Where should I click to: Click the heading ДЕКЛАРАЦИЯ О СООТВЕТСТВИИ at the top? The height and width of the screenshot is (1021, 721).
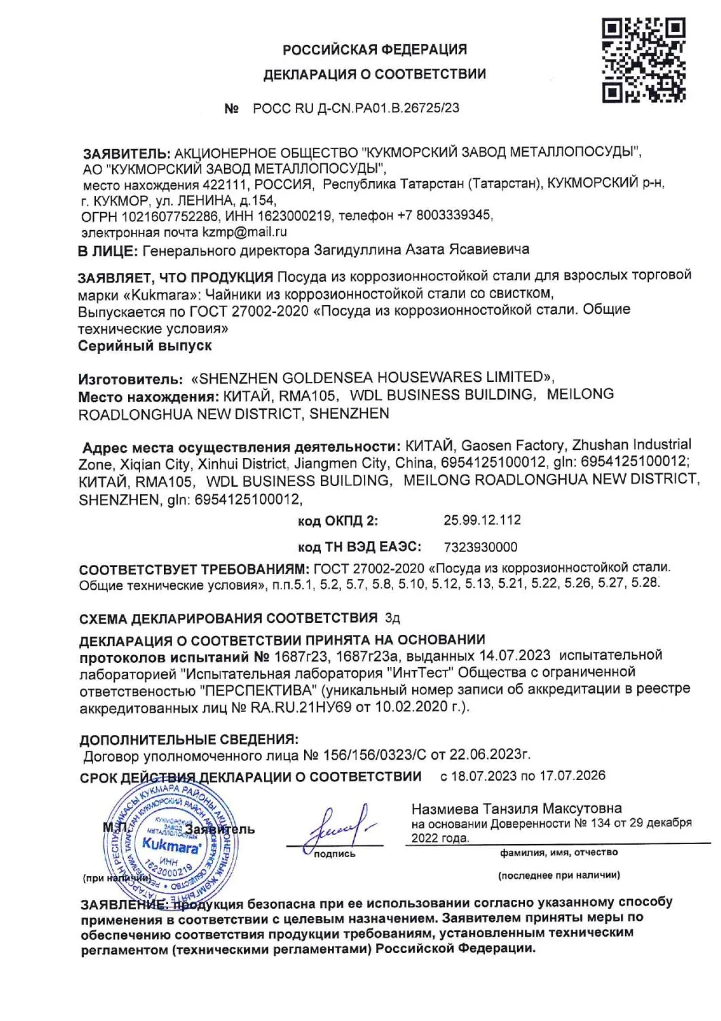375,74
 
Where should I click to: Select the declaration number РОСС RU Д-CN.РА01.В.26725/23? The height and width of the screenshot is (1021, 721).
356,108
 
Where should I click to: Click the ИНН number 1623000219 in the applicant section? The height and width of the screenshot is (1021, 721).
295,216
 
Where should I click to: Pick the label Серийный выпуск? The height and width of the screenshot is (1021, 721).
145,346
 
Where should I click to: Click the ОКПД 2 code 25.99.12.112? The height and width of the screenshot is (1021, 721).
482,520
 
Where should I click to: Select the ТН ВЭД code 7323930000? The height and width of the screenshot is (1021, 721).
480,547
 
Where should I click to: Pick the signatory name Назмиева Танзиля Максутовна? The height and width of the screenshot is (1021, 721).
516,809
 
